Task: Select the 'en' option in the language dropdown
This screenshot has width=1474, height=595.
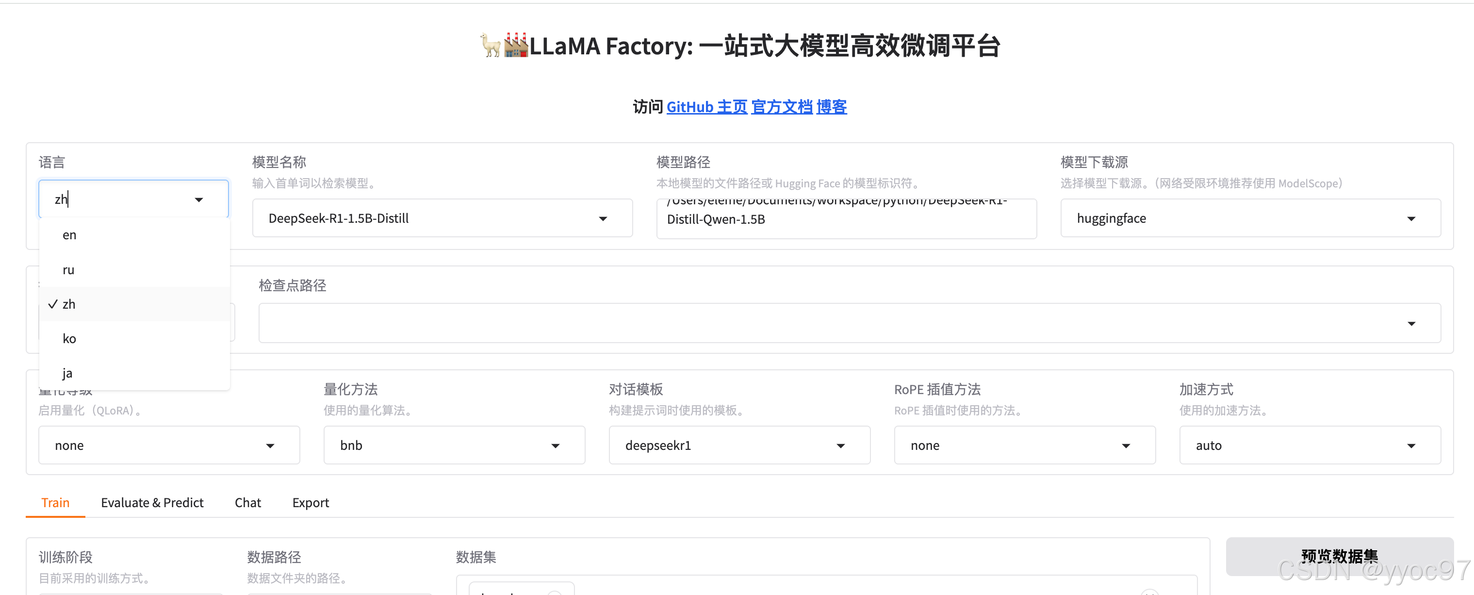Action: click(x=70, y=235)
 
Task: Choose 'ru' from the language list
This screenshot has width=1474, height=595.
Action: click(x=69, y=270)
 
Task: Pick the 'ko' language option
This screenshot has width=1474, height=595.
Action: click(x=69, y=339)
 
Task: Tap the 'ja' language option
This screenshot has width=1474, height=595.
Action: click(x=67, y=373)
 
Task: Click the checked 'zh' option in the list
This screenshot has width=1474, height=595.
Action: click(x=69, y=304)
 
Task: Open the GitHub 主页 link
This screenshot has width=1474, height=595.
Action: click(x=706, y=107)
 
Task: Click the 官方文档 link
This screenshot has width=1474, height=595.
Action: click(x=782, y=107)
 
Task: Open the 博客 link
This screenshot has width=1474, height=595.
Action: click(x=832, y=107)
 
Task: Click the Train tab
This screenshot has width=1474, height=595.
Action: click(x=55, y=502)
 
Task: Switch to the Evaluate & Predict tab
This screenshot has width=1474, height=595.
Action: click(x=152, y=502)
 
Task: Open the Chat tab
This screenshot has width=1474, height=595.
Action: click(x=248, y=502)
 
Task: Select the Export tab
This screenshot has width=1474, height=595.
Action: click(x=311, y=502)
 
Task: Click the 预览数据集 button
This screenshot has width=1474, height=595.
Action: click(x=1339, y=556)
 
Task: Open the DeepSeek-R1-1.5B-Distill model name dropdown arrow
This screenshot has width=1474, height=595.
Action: click(x=603, y=218)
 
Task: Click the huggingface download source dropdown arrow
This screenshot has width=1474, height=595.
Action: click(x=1411, y=218)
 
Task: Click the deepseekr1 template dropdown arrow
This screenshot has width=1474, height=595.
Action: click(x=840, y=446)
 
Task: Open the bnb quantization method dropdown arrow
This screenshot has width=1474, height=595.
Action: click(x=555, y=446)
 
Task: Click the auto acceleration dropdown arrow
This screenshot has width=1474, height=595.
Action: click(x=1411, y=446)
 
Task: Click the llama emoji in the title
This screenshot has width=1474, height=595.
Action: click(x=491, y=45)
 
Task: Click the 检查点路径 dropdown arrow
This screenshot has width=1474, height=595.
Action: click(x=1411, y=324)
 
